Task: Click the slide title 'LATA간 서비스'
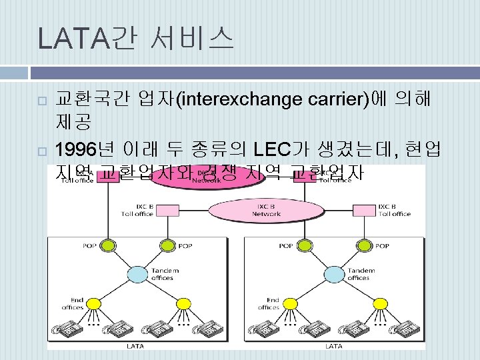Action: point(136,39)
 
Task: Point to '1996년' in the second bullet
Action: point(84,149)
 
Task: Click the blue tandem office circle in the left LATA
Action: point(137,273)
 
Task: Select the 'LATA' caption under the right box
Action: point(333,346)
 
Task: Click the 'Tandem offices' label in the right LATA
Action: point(358,273)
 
